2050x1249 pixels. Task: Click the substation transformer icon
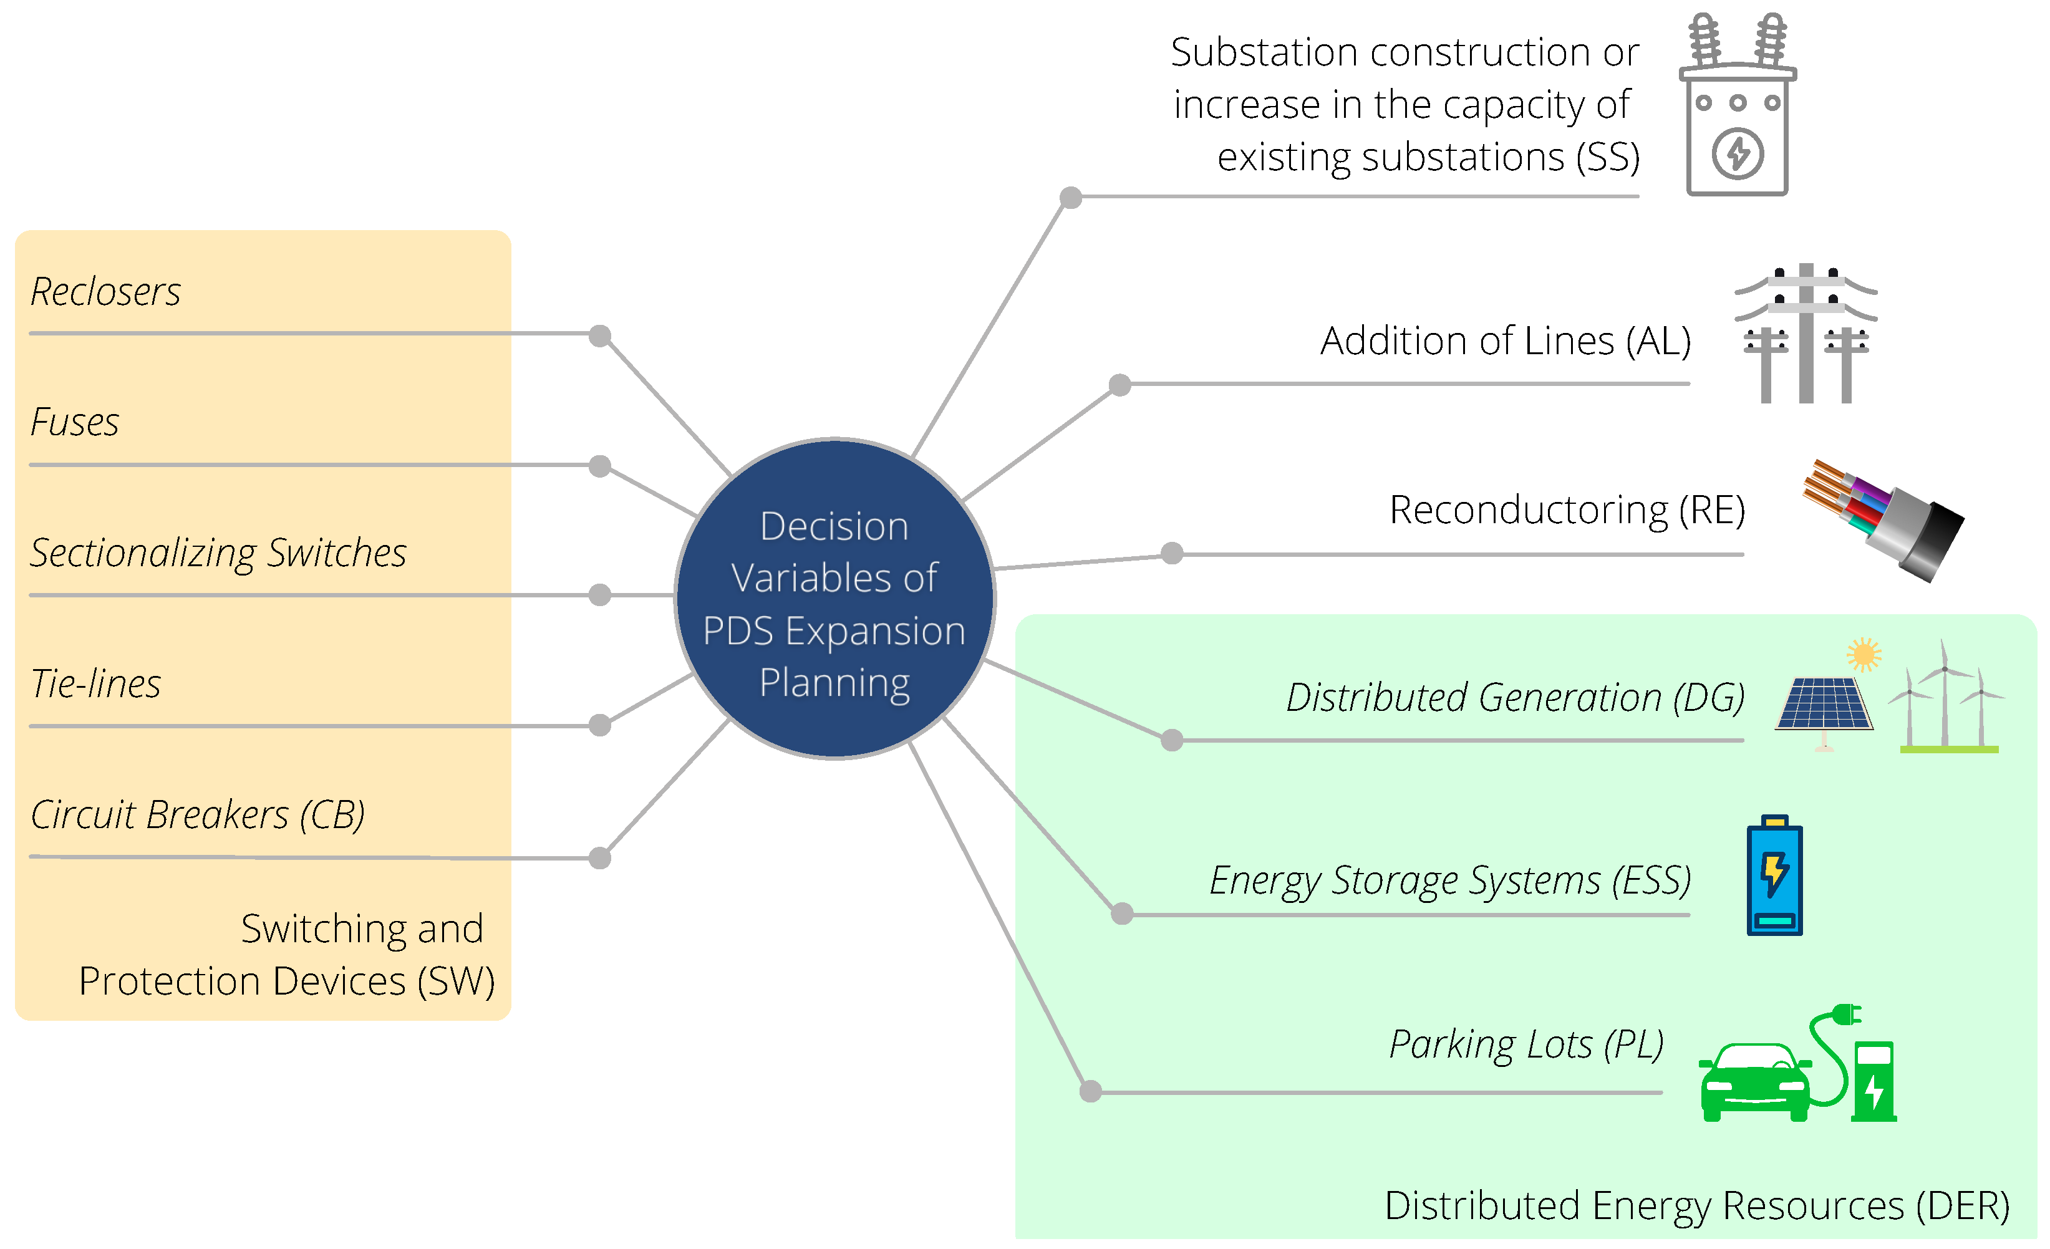click(x=1737, y=108)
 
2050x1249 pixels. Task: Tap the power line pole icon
click(x=1806, y=333)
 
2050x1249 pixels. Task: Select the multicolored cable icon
click(x=1882, y=521)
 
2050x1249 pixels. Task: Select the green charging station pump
click(x=1874, y=1080)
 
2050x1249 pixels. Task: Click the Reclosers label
click(x=105, y=292)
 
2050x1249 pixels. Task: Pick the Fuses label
click(x=75, y=423)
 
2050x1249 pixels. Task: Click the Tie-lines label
click(x=95, y=684)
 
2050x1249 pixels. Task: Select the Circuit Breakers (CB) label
click(x=197, y=814)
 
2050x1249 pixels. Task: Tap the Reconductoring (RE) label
click(x=1567, y=510)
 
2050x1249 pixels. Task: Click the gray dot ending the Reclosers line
click(x=600, y=336)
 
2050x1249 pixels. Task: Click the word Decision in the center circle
click(x=834, y=527)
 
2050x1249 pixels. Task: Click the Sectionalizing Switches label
click(x=218, y=553)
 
